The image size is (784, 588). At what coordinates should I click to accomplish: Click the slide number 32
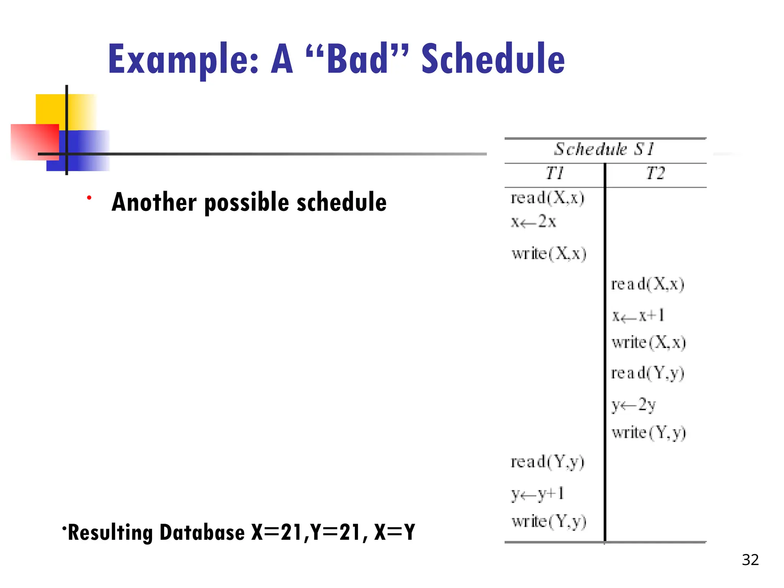pyautogui.click(x=750, y=560)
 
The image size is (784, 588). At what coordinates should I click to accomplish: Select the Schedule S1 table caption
pyautogui.click(x=604, y=149)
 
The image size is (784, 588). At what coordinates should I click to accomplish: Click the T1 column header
pyautogui.click(x=555, y=173)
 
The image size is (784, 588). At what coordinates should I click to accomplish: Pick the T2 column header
pyautogui.click(x=655, y=173)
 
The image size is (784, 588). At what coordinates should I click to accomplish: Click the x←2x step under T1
pyautogui.click(x=534, y=222)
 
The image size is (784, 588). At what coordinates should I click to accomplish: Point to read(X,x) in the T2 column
pyautogui.click(x=647, y=284)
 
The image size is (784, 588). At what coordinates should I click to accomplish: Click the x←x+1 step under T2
pyautogui.click(x=638, y=316)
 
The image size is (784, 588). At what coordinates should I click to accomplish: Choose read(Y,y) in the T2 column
pyautogui.click(x=647, y=373)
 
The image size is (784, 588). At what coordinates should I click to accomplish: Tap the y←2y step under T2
pyautogui.click(x=634, y=405)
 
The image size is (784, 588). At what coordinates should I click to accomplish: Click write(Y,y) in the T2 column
pyautogui.click(x=649, y=433)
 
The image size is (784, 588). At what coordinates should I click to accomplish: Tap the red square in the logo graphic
pyautogui.click(x=34, y=142)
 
